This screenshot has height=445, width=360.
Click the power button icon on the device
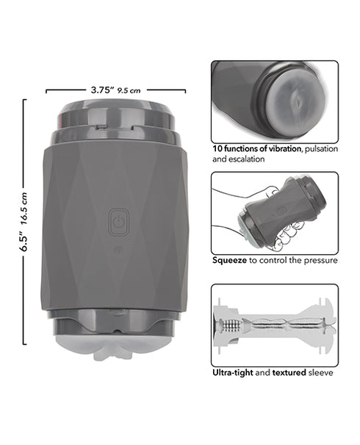coord(119,222)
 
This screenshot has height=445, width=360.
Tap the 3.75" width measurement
coord(102,90)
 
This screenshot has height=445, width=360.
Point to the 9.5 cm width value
coord(129,90)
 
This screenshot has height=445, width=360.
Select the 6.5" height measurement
coord(24,242)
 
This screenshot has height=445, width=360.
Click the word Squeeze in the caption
coord(230,260)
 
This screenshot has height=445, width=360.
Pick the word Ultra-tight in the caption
coord(233,372)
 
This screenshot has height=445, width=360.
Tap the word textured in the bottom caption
coord(289,372)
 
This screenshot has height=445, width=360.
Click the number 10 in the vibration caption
coord(217,148)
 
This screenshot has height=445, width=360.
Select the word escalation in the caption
coord(246,159)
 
